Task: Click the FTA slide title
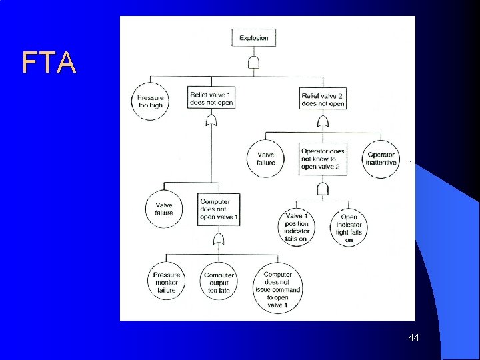point(49,63)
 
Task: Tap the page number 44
point(413,339)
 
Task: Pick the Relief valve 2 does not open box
point(323,99)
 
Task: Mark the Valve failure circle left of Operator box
point(265,159)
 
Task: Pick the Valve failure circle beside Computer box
point(164,209)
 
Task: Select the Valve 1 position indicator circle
point(296,227)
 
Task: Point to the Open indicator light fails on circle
point(349,228)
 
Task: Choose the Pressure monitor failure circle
point(166,282)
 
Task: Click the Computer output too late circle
point(219,283)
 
